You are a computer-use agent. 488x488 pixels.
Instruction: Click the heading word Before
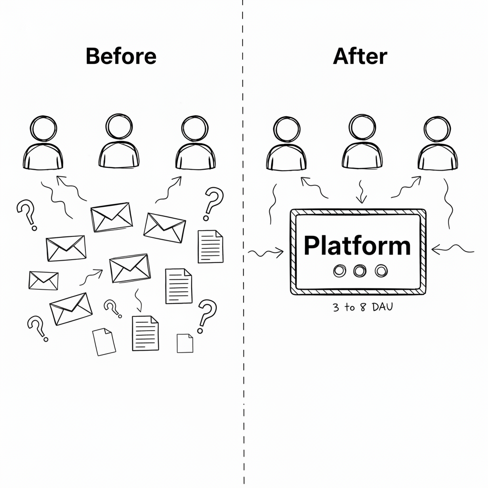[x=121, y=56]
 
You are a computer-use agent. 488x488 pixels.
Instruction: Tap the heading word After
[x=360, y=56]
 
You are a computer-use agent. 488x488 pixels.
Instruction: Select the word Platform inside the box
[x=357, y=246]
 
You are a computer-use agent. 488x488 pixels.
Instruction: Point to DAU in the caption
[x=383, y=307]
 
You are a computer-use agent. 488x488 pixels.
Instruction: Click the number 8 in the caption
[x=363, y=307]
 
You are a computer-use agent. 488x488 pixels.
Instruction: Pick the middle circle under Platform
[x=360, y=271]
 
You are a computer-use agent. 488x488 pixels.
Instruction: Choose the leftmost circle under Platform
[x=339, y=271]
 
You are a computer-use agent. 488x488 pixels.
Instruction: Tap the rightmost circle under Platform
[x=381, y=271]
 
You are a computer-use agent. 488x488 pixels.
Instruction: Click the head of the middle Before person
[x=119, y=127]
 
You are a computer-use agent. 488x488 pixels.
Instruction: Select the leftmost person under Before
[x=43, y=143]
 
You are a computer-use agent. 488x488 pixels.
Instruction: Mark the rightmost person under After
[x=437, y=143]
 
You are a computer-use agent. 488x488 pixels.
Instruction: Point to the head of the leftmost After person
[x=286, y=130]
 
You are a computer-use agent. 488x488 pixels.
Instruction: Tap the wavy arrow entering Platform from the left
[x=265, y=253]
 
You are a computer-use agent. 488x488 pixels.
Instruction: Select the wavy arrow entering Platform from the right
[x=453, y=248]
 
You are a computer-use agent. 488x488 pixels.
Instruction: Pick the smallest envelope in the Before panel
[x=43, y=280]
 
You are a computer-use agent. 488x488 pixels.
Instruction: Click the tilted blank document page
[x=104, y=342]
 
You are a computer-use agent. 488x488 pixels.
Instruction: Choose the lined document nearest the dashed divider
[x=211, y=246]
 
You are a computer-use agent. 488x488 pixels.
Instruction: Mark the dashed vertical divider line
[x=243, y=244]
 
